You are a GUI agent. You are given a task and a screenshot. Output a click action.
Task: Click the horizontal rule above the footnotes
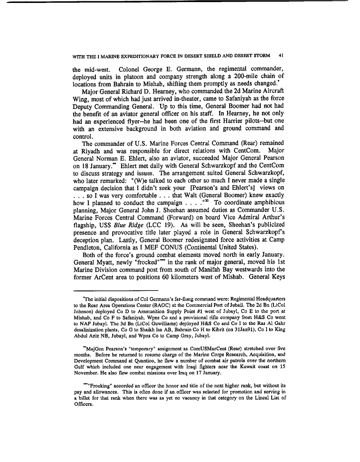pyautogui.click(x=116, y=290)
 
